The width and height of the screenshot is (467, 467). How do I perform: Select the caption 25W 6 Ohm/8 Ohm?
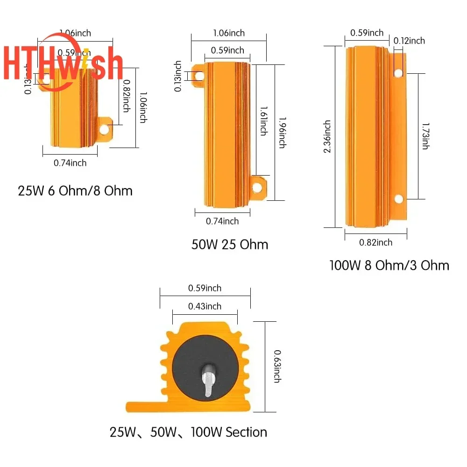coord(75,191)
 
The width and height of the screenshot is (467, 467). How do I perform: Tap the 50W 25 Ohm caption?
coord(230,244)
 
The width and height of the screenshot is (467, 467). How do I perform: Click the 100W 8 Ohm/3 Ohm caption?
coord(389,265)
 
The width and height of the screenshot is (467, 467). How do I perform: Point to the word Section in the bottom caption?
coord(247,432)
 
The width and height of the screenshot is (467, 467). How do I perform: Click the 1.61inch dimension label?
coord(263,120)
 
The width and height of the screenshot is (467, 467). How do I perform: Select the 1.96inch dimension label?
coord(282,132)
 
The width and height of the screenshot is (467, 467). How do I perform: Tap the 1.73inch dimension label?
coord(425,136)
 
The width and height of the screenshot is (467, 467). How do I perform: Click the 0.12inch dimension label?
coord(409,41)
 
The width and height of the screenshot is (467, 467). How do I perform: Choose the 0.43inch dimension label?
coord(205,306)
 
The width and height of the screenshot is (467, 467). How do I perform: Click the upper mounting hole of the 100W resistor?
coord(398,73)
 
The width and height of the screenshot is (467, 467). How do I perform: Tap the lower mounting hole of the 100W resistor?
coord(398,199)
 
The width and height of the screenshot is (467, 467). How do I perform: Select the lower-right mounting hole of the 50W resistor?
coord(256,188)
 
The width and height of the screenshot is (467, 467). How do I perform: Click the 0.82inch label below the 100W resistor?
coord(375,242)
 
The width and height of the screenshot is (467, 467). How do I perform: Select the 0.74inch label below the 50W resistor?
coord(222,221)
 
